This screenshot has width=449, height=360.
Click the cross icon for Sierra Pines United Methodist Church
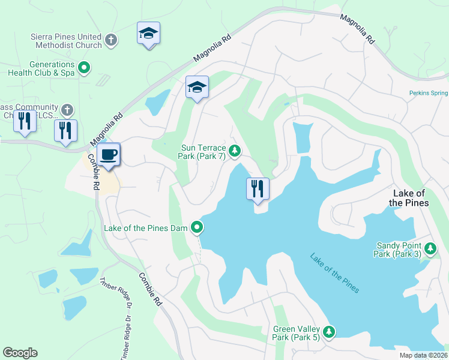[x=110, y=40]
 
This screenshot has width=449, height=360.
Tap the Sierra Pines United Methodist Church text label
[x=66, y=40]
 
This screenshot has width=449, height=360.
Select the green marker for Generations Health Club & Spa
[x=85, y=68]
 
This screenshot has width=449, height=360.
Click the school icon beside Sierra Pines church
[x=148, y=34]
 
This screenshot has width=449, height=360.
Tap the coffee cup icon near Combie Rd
[x=109, y=155]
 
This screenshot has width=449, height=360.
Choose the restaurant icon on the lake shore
[x=258, y=189]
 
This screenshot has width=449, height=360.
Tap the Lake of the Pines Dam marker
[x=196, y=227]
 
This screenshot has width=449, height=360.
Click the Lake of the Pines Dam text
[x=146, y=228]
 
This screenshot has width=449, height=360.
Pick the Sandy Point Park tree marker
[x=430, y=248]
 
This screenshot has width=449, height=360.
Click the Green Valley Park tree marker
[x=328, y=332]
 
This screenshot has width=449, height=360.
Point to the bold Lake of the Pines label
[x=410, y=198]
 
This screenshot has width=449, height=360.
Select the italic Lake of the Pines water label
[x=334, y=274]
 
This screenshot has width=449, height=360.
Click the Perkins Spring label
[x=429, y=93]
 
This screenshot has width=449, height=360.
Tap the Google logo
[x=20, y=353]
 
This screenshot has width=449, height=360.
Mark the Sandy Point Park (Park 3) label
[x=399, y=250]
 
